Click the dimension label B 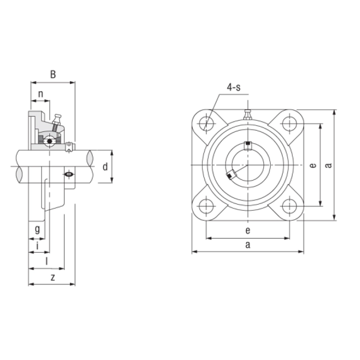(x=53, y=74)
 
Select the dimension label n (x=41, y=94)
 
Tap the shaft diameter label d (x=105, y=167)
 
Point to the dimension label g (x=37, y=229)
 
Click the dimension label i (x=37, y=246)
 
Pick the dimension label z (x=53, y=278)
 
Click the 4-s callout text (x=234, y=88)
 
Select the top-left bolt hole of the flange (x=206, y=124)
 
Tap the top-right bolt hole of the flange (x=289, y=124)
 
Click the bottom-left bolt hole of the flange (x=206, y=206)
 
